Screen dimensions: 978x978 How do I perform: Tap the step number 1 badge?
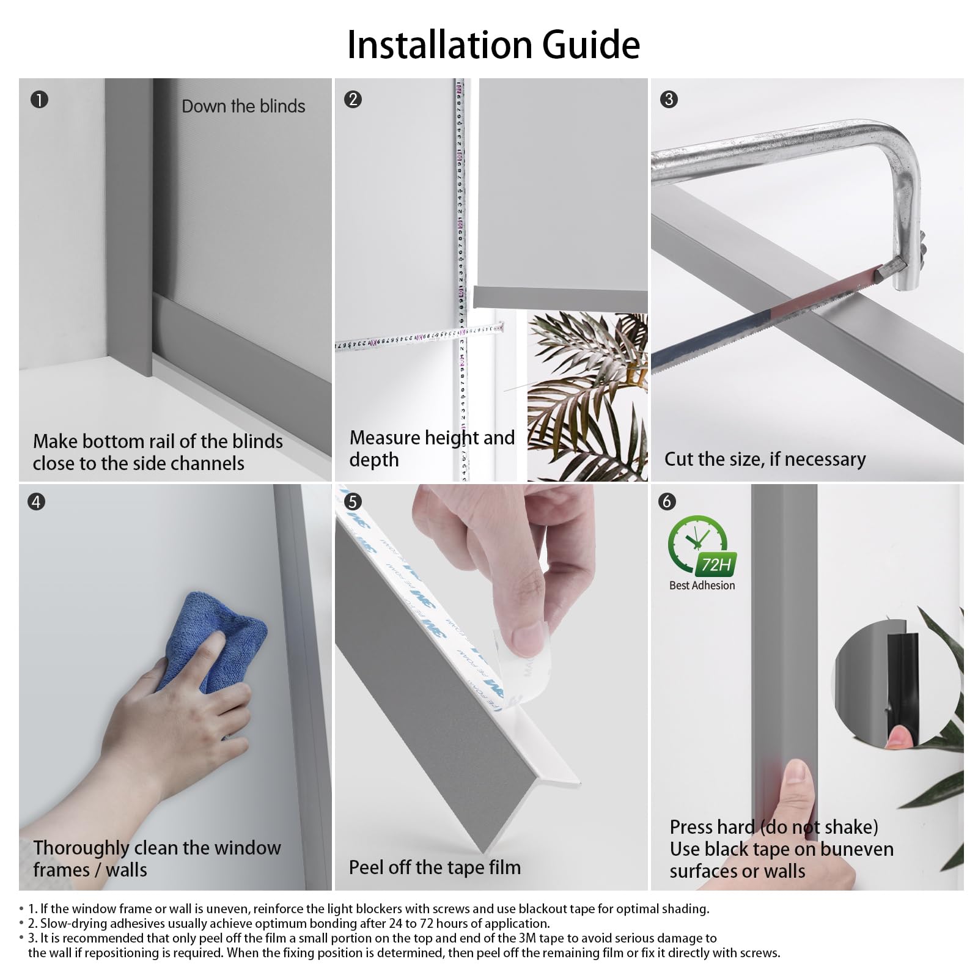click(x=39, y=99)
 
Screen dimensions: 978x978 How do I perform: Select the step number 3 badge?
click(x=669, y=99)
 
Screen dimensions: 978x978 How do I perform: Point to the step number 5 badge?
click(x=353, y=502)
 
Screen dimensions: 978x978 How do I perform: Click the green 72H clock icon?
click(x=701, y=546)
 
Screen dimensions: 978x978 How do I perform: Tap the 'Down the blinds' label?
click(x=243, y=106)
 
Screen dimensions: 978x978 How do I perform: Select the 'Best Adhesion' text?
click(x=702, y=586)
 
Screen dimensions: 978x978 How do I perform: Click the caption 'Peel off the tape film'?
click(x=435, y=867)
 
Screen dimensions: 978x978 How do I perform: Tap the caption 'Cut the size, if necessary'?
click(x=765, y=459)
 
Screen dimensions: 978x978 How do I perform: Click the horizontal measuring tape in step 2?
click(x=419, y=337)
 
